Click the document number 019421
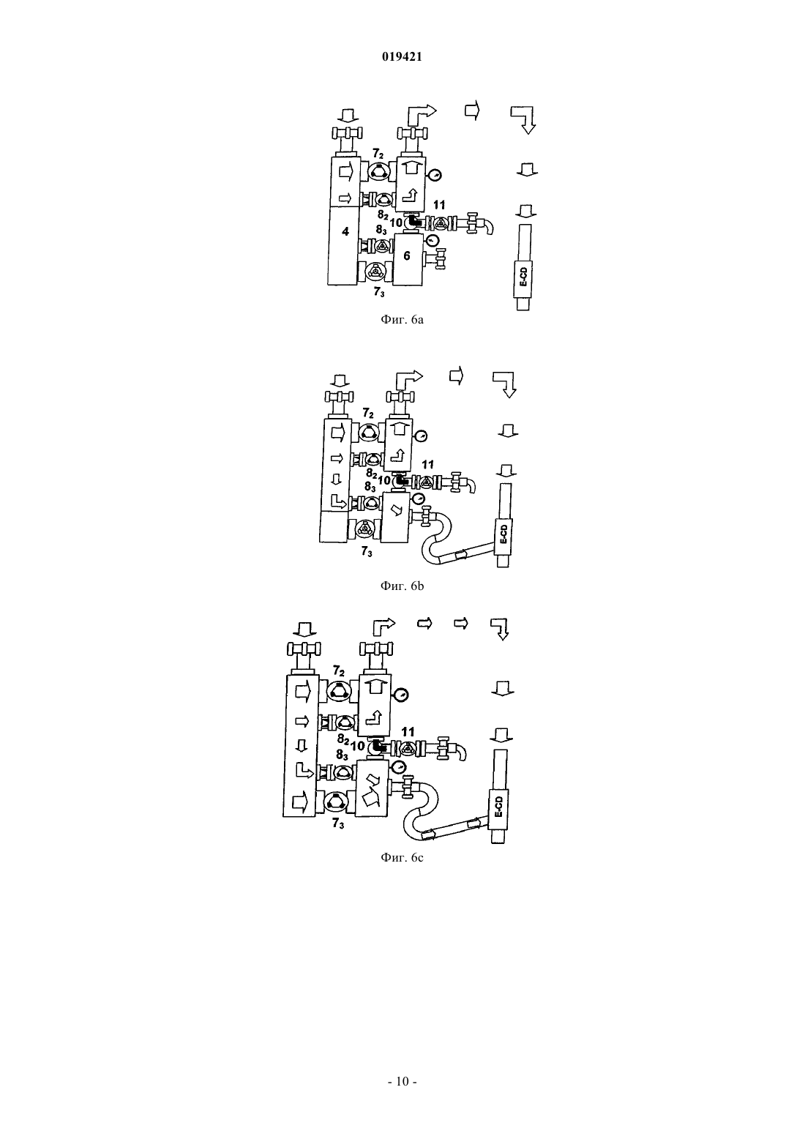(402, 57)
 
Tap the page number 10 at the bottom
(402, 1081)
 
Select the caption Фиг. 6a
(402, 320)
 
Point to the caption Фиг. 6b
(402, 586)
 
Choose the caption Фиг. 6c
(402, 857)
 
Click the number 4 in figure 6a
(345, 232)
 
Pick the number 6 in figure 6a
(407, 255)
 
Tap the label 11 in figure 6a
(439, 205)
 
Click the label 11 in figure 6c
(408, 732)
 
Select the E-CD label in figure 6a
(524, 277)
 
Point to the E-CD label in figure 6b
(503, 534)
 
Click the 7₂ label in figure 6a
(378, 153)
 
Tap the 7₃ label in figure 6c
(338, 824)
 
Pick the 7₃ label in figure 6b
(367, 551)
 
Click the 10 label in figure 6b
(384, 480)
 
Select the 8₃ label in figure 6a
(382, 231)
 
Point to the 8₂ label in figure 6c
(343, 739)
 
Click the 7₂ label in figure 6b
(368, 413)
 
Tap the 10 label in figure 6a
(396, 223)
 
